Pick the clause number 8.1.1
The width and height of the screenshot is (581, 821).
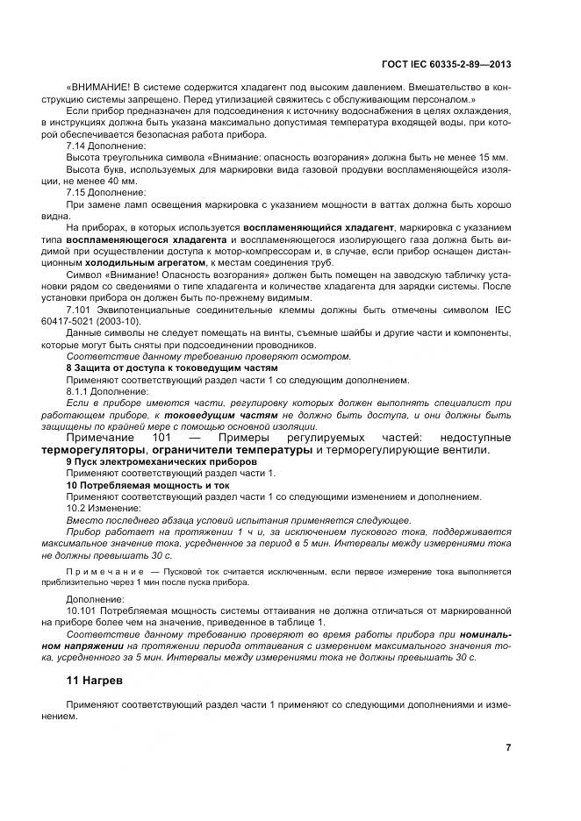point(79,391)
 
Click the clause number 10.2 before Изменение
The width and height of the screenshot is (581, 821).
point(77,508)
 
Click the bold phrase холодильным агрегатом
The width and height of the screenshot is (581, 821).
point(151,262)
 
